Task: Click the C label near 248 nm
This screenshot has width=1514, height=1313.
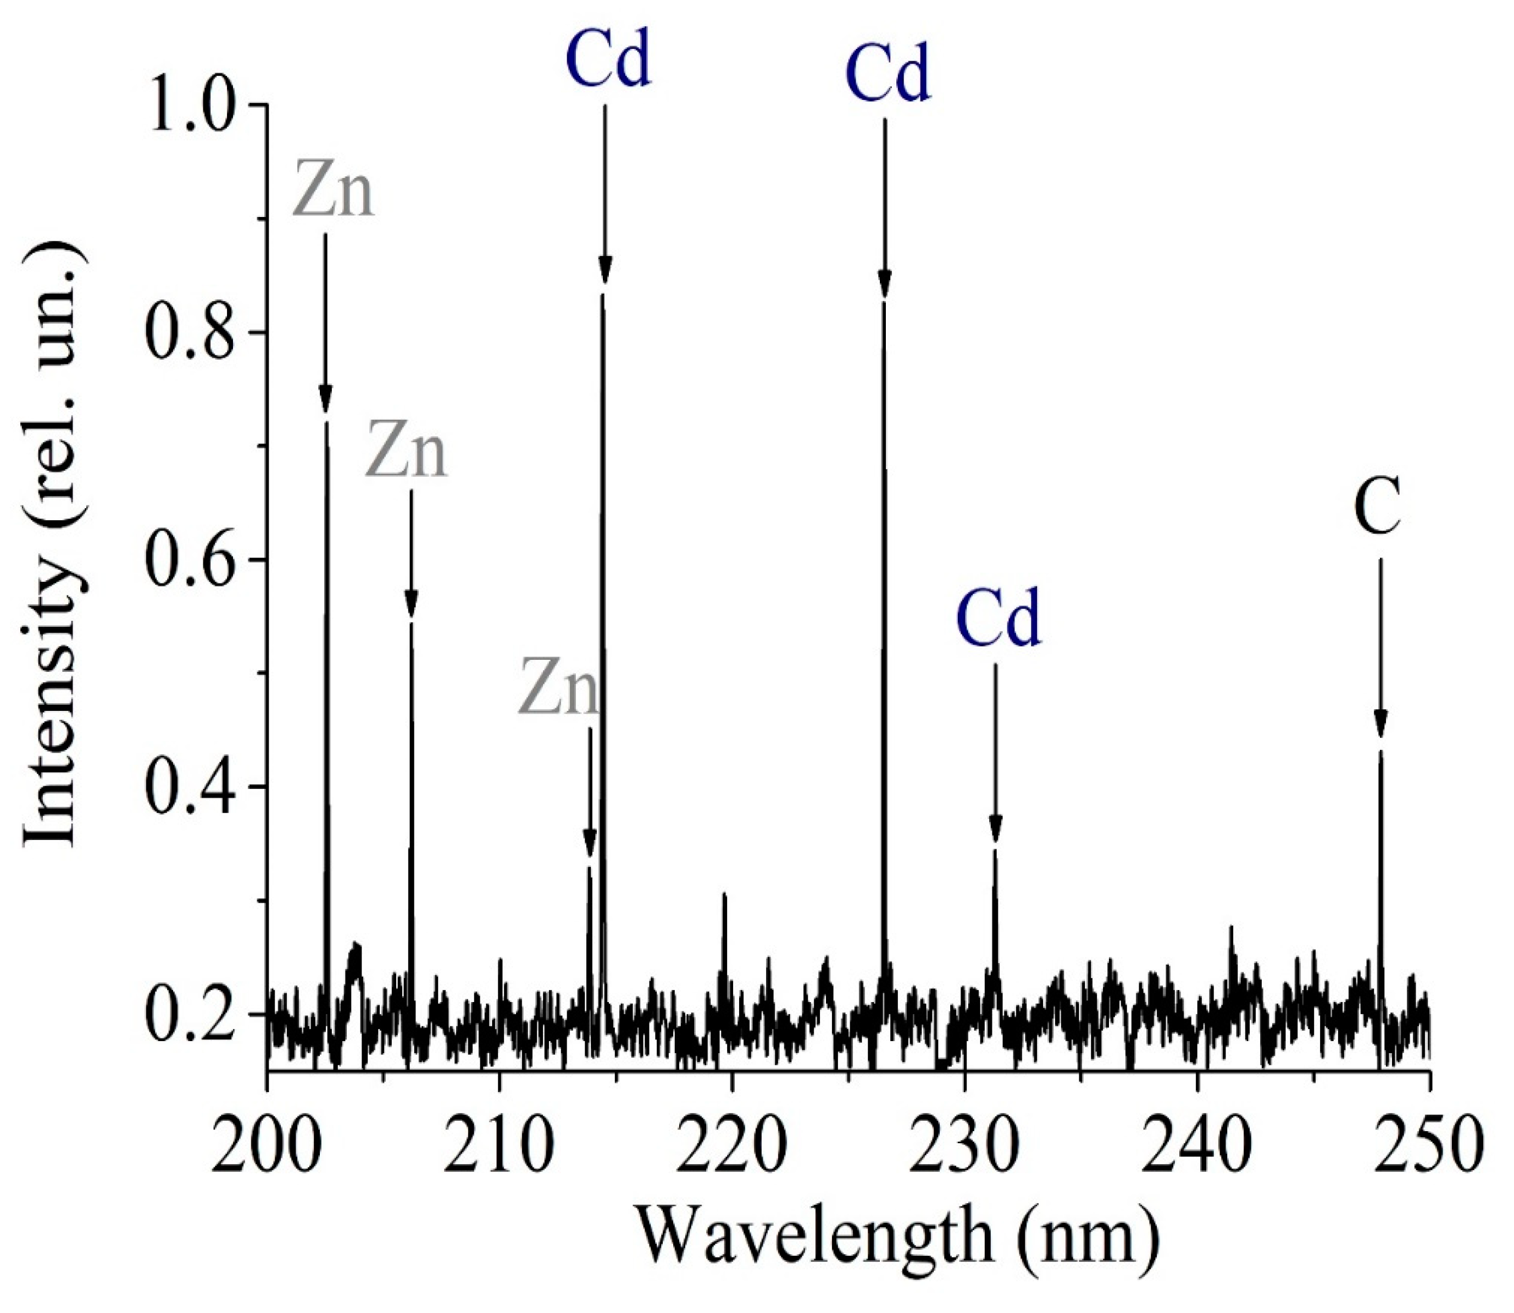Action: coord(1378,507)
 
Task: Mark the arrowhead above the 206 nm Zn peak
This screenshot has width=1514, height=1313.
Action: coord(411,604)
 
